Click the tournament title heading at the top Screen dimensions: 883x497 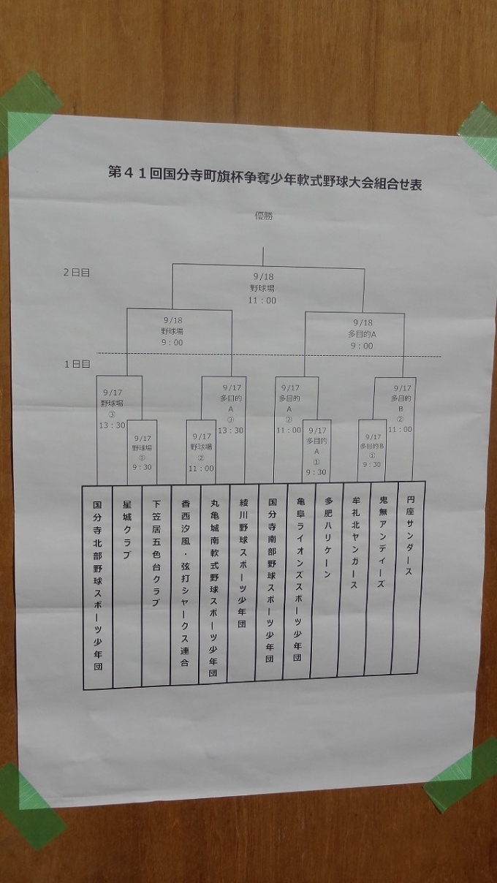(265, 175)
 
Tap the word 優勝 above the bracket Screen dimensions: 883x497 (263, 216)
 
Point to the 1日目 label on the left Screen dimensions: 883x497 (76, 363)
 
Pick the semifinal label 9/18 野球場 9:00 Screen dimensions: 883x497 (172, 331)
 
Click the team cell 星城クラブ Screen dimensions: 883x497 (126, 585)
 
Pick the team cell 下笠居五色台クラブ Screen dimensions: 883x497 (156, 585)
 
